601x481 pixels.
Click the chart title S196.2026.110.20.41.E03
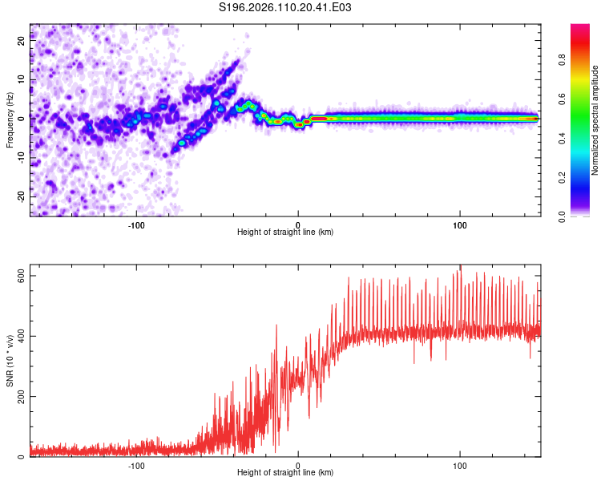(x=286, y=8)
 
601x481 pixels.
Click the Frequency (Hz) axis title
(x=10, y=119)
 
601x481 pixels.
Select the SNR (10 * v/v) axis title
(x=10, y=362)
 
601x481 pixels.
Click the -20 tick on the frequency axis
(x=22, y=196)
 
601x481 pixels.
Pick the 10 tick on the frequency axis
(x=22, y=80)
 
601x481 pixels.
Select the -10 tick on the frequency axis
(x=22, y=158)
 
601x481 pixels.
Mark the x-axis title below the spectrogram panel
(x=284, y=232)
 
